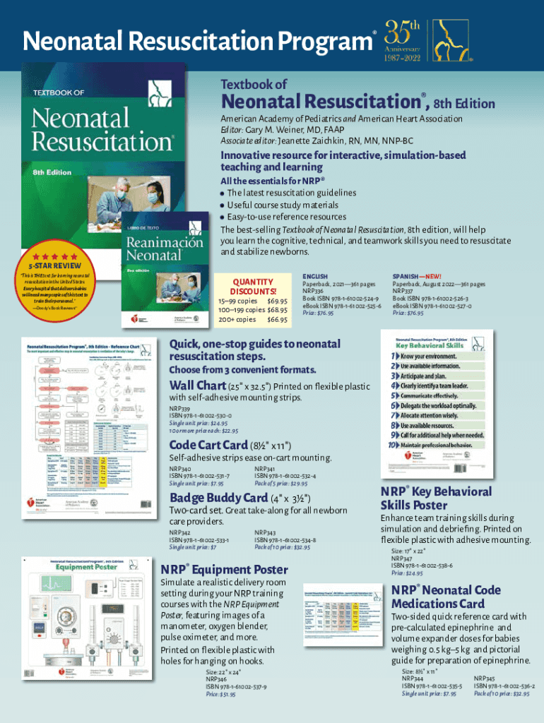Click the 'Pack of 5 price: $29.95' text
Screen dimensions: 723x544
click(x=280, y=484)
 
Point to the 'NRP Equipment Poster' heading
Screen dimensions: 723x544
click(x=225, y=569)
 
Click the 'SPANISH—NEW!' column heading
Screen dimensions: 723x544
click(x=417, y=276)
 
